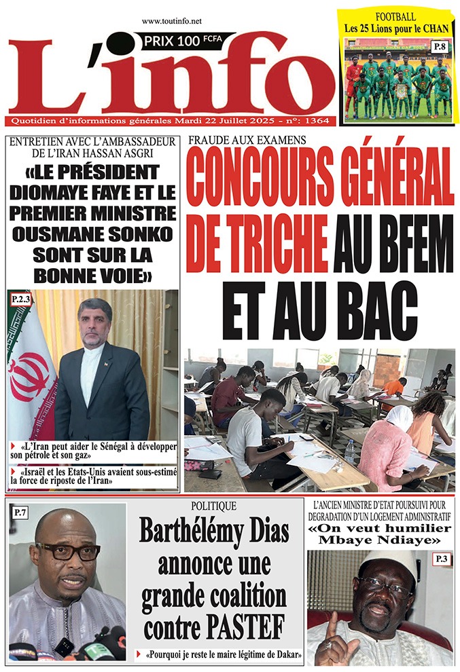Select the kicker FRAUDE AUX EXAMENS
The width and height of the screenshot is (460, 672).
click(x=247, y=140)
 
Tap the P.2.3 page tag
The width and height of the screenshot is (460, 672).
click(x=21, y=299)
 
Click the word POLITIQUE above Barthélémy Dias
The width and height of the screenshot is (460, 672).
click(x=214, y=506)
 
